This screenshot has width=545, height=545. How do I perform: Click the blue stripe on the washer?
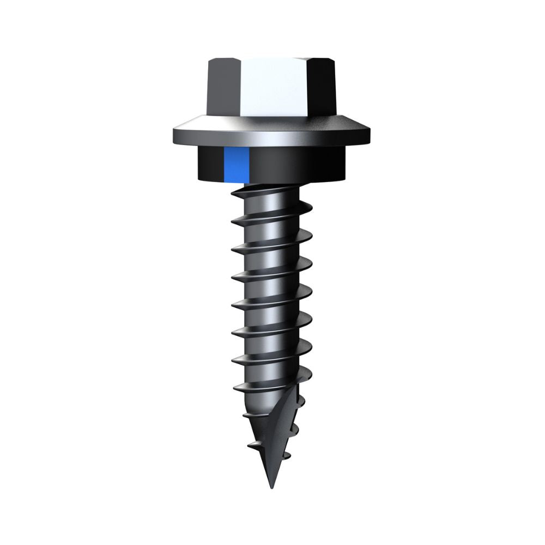pos(236,165)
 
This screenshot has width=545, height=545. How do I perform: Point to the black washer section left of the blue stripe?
pos(208,165)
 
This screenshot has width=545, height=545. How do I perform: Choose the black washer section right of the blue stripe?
pos(300,165)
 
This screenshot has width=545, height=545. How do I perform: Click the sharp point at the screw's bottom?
pos(270,487)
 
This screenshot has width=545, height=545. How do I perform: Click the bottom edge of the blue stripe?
pos(236,181)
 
